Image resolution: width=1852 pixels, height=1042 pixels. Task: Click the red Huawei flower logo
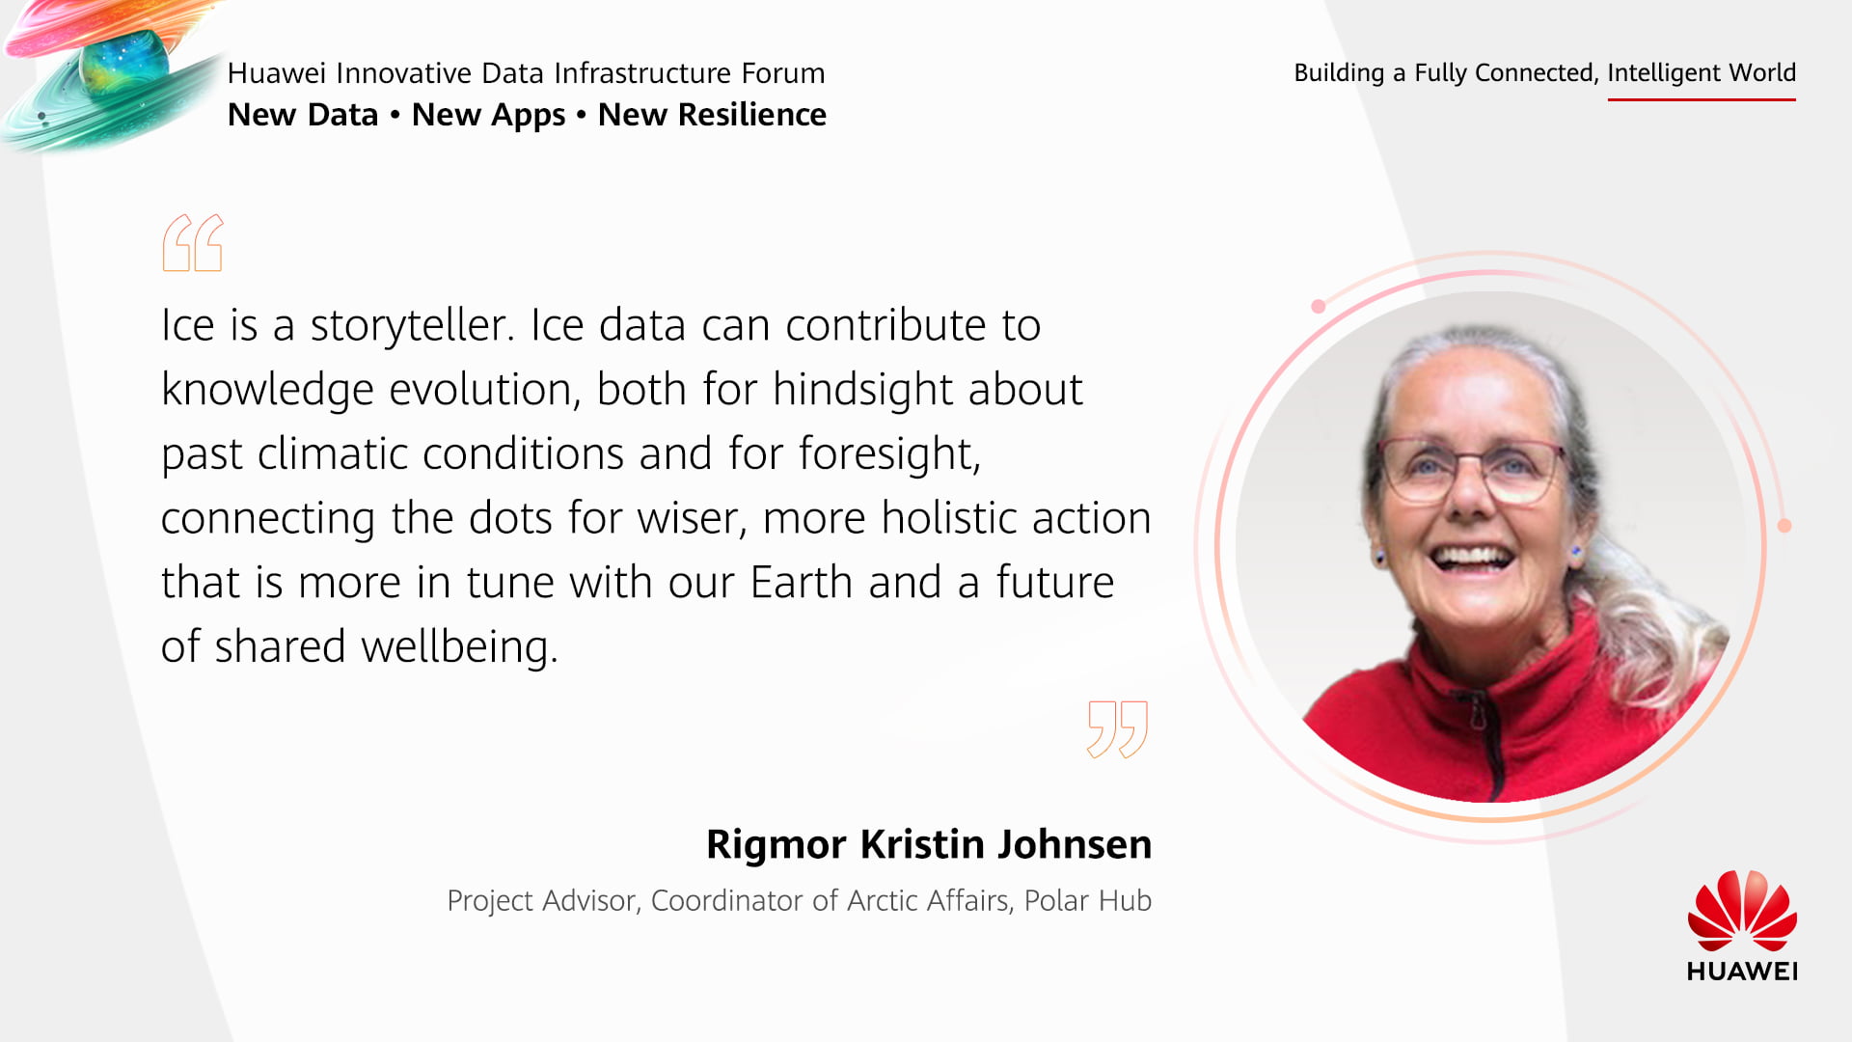point(1742,911)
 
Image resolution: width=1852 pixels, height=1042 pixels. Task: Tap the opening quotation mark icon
point(193,242)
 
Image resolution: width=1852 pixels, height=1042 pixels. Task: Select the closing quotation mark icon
point(1117,729)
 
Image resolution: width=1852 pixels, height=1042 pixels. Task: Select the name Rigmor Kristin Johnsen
point(929,844)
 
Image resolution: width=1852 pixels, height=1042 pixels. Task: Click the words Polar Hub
point(1088,900)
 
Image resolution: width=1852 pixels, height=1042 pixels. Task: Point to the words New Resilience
point(712,115)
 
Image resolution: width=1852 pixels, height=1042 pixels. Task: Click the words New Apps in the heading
point(488,116)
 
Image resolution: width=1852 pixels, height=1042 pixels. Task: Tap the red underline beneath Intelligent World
point(1702,98)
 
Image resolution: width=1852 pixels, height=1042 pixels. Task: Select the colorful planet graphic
point(116,72)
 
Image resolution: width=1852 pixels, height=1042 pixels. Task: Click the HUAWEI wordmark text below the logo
point(1742,971)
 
